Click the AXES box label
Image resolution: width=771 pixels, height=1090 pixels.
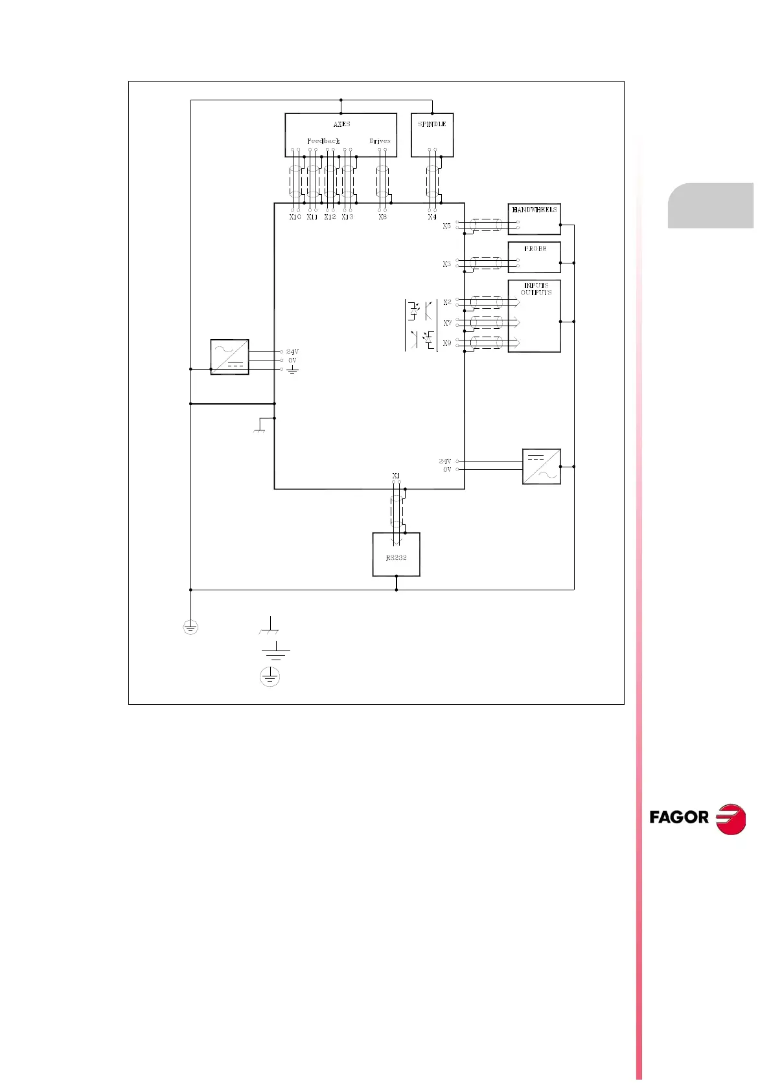pos(341,124)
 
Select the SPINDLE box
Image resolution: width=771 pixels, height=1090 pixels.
pos(432,135)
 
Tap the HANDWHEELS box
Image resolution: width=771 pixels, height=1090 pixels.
pos(534,219)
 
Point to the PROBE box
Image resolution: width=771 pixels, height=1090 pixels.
pos(534,257)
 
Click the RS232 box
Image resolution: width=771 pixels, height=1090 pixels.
pos(396,555)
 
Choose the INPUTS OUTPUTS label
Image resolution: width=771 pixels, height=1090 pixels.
pos(536,289)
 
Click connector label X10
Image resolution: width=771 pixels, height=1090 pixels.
pos(295,217)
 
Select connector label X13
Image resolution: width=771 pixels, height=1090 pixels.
pos(347,217)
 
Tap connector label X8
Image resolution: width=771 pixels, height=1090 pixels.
pos(382,217)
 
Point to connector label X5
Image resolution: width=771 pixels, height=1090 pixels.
pos(447,226)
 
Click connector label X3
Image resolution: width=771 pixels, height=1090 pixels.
pos(447,264)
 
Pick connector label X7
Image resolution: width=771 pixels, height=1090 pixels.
pos(447,323)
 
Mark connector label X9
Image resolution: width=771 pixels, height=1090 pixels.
pos(447,343)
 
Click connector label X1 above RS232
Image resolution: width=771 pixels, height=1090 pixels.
pos(396,476)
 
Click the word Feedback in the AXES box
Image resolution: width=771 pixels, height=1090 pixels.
pos(323,141)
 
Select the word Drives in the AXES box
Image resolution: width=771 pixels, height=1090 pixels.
pos(380,141)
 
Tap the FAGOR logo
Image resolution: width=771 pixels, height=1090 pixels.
pos(697,818)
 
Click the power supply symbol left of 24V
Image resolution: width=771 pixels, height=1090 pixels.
pos(229,357)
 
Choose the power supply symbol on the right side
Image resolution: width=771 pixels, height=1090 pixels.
pos(541,466)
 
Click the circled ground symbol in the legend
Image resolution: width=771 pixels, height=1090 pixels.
pos(270,677)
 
